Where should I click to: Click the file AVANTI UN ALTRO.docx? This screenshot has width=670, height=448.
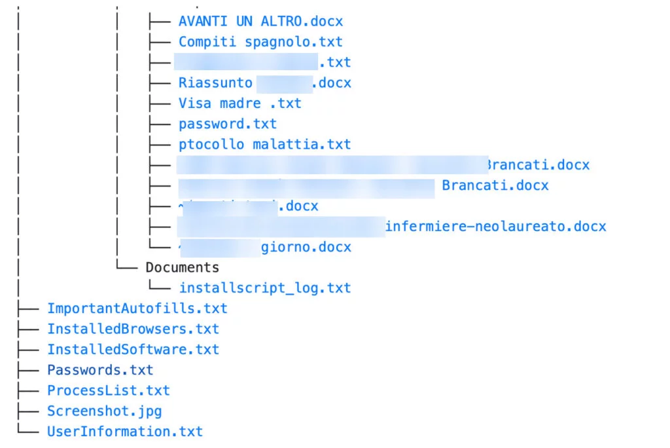coord(260,21)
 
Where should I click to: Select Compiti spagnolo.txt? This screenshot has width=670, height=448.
coord(260,41)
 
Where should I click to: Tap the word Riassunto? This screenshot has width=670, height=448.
coord(215,83)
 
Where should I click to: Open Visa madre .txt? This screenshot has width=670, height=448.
coord(239,103)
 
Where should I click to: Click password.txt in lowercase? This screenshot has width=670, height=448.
coord(227,123)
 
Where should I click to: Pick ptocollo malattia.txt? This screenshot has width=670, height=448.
coord(264,144)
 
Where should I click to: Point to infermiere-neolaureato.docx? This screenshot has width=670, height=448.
coord(495,227)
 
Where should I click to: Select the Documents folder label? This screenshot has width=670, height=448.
coord(182,267)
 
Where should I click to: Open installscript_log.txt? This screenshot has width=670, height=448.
coord(264,288)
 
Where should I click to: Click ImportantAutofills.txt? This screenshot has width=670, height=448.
coord(137,308)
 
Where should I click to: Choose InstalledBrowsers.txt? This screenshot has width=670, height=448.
coord(133,329)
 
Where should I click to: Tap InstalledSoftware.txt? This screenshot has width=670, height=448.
coord(133,349)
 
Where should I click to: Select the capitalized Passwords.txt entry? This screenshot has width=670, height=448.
coord(100,370)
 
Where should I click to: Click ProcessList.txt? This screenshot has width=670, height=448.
coord(108,390)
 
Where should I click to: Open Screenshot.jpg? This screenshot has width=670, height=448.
coord(104,411)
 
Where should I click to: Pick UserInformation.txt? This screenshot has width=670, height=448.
coord(124,432)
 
